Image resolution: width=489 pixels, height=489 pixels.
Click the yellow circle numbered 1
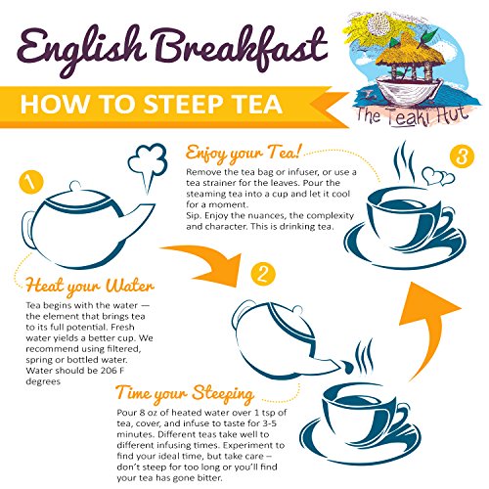coord(31,183)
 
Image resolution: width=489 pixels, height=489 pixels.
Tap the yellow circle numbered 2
coord(263,274)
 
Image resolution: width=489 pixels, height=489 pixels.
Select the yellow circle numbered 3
coord(462,156)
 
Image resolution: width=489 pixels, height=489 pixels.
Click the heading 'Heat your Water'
coord(89,287)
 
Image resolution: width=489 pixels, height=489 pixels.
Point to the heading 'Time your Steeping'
coord(185,394)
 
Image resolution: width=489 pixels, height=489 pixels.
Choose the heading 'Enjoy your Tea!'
coord(243,154)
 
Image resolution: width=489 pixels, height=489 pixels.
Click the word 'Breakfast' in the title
coord(242,49)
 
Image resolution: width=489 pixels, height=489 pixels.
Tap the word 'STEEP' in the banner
coord(184,105)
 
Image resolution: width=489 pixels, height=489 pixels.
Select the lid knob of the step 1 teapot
coord(75,186)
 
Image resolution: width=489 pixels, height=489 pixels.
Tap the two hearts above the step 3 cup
coord(438,176)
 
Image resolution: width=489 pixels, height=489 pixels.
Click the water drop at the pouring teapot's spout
coord(347,367)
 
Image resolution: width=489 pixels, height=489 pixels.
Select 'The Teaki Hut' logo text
coord(413,115)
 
